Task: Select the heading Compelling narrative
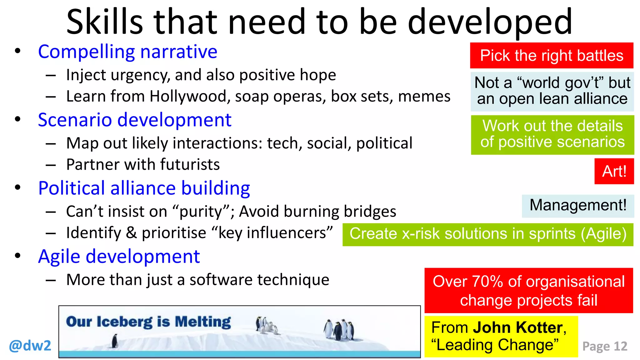click(x=127, y=52)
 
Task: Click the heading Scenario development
click(x=134, y=120)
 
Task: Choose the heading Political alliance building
click(x=144, y=188)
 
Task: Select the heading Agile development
click(x=119, y=257)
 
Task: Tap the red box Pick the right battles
click(x=552, y=56)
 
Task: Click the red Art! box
click(x=614, y=171)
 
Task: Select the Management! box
click(x=578, y=206)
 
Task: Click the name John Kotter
click(x=517, y=327)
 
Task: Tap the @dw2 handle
click(x=30, y=346)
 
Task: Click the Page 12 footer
click(x=605, y=346)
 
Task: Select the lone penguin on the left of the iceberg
click(x=115, y=341)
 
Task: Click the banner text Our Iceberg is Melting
click(x=148, y=322)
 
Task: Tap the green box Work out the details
click(x=552, y=134)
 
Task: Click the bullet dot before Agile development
click(x=17, y=256)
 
